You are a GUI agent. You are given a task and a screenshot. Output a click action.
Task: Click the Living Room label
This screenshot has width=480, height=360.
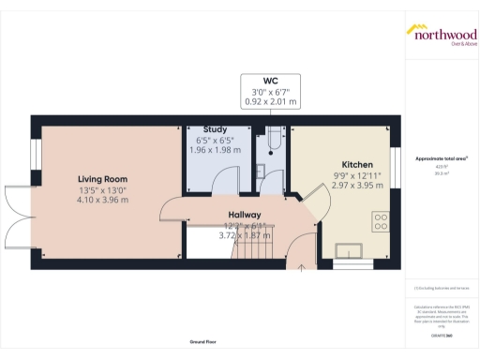click(102, 178)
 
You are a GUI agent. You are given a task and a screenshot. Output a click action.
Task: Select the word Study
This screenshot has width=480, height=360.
click(217, 131)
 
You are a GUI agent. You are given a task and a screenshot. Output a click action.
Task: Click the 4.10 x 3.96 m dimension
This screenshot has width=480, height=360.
click(102, 200)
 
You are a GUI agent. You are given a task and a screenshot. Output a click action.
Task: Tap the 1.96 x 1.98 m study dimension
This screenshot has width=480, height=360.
click(217, 151)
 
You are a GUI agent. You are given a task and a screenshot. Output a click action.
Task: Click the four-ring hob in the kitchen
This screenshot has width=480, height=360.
click(382, 222)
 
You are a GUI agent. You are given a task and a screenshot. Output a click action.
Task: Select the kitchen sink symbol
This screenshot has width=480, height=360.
click(354, 249)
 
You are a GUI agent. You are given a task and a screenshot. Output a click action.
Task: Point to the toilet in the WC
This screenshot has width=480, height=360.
click(270, 142)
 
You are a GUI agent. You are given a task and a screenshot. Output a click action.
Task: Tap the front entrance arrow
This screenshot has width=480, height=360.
click(301, 267)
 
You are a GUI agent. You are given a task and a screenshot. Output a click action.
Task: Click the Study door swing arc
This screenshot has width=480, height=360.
click(223, 182)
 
